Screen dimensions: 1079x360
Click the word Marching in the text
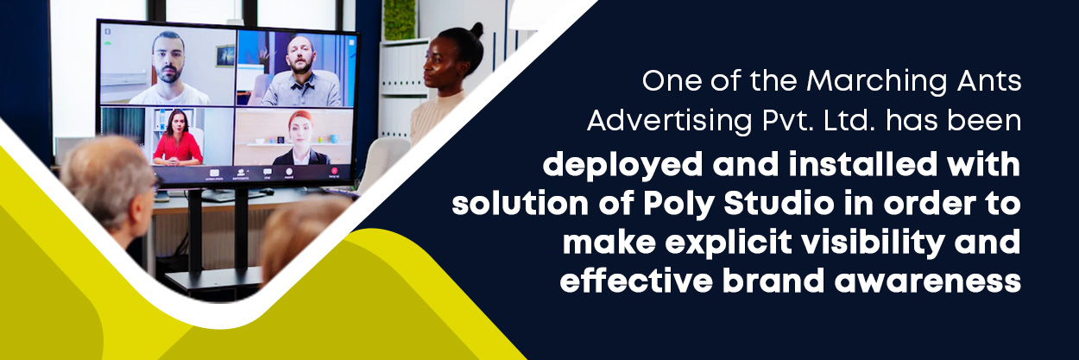click(876, 81)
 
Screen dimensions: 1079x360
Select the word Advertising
click(669, 121)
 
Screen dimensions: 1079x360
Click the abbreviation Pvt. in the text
click(786, 121)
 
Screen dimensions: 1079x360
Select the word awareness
click(927, 282)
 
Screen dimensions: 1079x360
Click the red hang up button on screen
click(334, 171)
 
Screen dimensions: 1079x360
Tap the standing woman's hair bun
click(476, 29)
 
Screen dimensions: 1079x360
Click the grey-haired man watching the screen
click(109, 193)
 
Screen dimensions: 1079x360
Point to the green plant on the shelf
click(400, 19)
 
